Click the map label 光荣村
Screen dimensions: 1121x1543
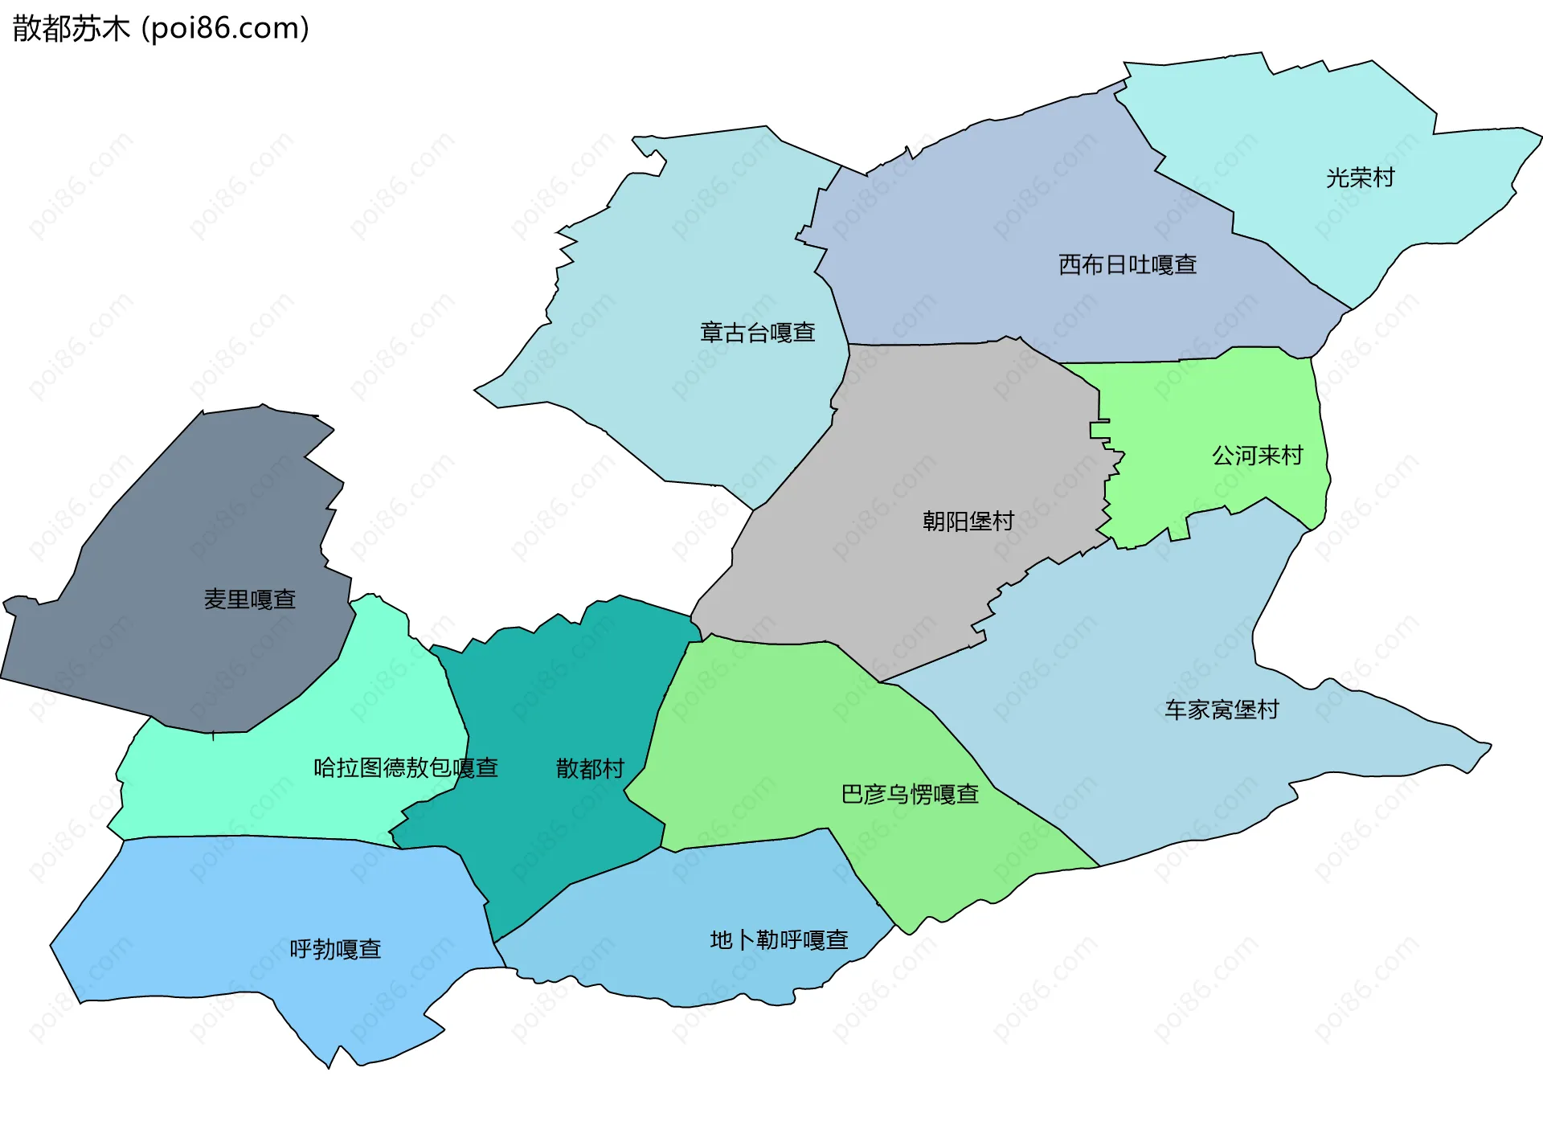1360,178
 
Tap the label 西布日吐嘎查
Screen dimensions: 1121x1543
1128,264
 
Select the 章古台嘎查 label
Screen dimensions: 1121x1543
758,332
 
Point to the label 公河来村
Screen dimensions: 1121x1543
1257,456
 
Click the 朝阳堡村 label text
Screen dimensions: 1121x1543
968,522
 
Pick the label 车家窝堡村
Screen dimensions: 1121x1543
1222,710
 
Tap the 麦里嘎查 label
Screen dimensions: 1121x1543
250,599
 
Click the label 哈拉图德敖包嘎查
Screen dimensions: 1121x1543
406,767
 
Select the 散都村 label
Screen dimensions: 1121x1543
590,768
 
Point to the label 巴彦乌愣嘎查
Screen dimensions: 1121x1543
910,794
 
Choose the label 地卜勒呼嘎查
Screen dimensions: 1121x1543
779,939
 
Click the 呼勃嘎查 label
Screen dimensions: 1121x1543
335,949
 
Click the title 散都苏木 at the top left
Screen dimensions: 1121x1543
71,29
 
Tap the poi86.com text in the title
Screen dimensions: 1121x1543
225,29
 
